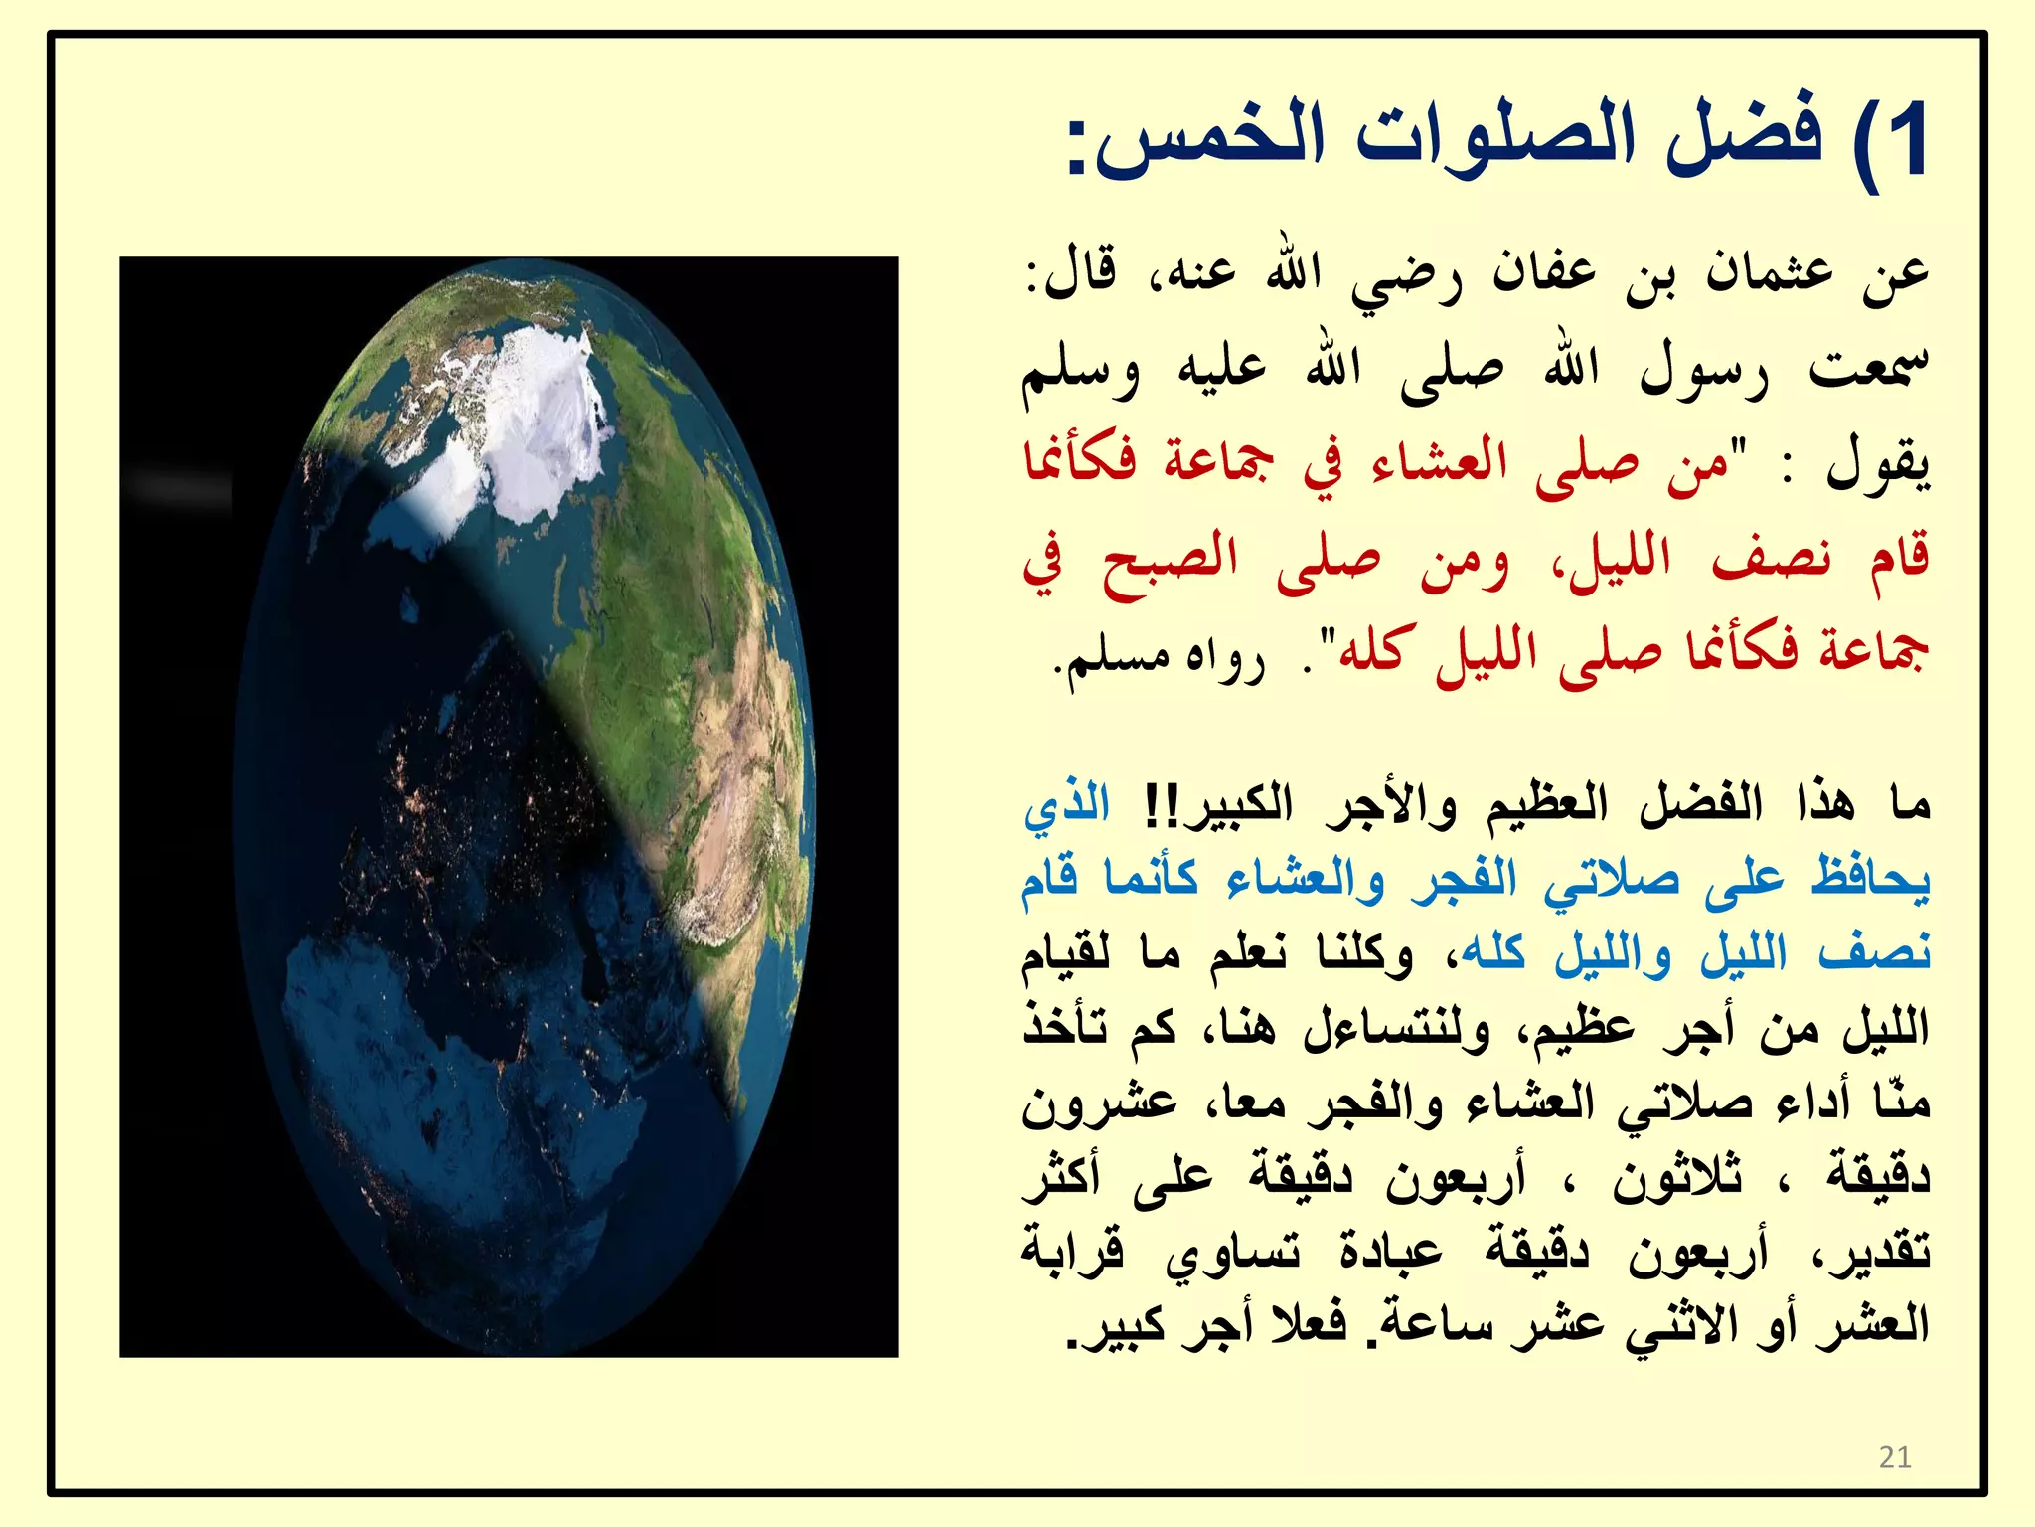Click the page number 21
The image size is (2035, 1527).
coord(1895,1457)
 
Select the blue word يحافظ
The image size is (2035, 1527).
coord(1869,879)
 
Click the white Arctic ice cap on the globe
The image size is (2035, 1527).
coord(527,418)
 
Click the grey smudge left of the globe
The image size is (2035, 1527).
coord(179,487)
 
